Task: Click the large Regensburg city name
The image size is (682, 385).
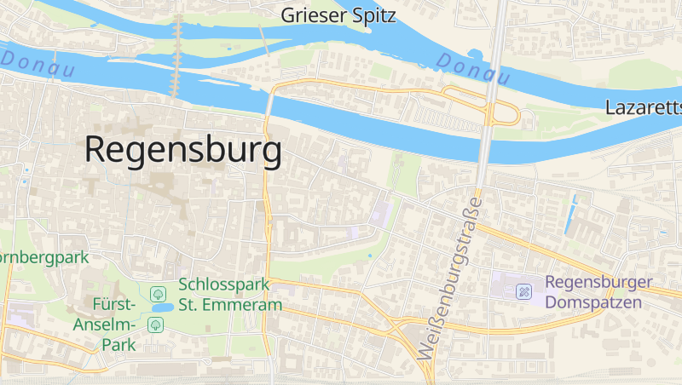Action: [x=183, y=151]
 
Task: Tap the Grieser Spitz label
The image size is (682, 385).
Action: [x=339, y=14]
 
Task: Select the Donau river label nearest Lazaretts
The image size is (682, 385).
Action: [x=472, y=68]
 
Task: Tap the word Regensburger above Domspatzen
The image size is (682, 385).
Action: [x=598, y=282]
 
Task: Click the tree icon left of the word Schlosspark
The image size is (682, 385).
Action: [x=158, y=294]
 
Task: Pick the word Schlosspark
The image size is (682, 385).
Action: [x=224, y=284]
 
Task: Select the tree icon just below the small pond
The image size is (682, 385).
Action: [x=155, y=324]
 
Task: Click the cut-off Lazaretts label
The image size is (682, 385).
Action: [x=644, y=107]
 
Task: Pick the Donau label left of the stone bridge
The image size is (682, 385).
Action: [x=38, y=66]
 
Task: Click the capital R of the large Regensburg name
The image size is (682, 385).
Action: [x=96, y=151]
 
